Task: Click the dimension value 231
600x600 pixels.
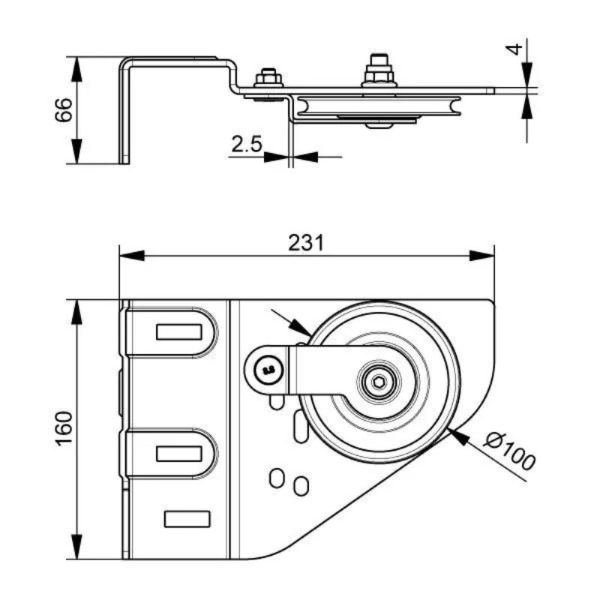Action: (x=306, y=241)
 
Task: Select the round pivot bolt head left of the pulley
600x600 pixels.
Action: (x=265, y=367)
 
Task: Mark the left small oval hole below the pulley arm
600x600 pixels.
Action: (x=277, y=477)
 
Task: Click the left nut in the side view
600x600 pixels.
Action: (x=267, y=78)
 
